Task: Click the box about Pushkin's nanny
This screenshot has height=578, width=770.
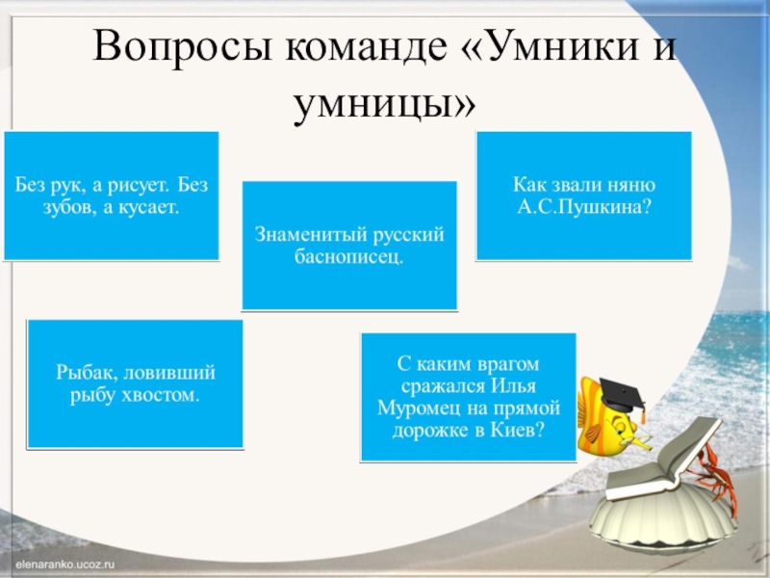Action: click(584, 197)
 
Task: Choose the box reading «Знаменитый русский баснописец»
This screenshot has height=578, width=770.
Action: click(348, 246)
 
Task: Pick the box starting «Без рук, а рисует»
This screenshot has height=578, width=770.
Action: click(111, 197)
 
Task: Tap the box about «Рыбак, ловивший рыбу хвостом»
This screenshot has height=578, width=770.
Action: click(135, 384)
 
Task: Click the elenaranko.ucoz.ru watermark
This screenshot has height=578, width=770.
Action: click(64, 558)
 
